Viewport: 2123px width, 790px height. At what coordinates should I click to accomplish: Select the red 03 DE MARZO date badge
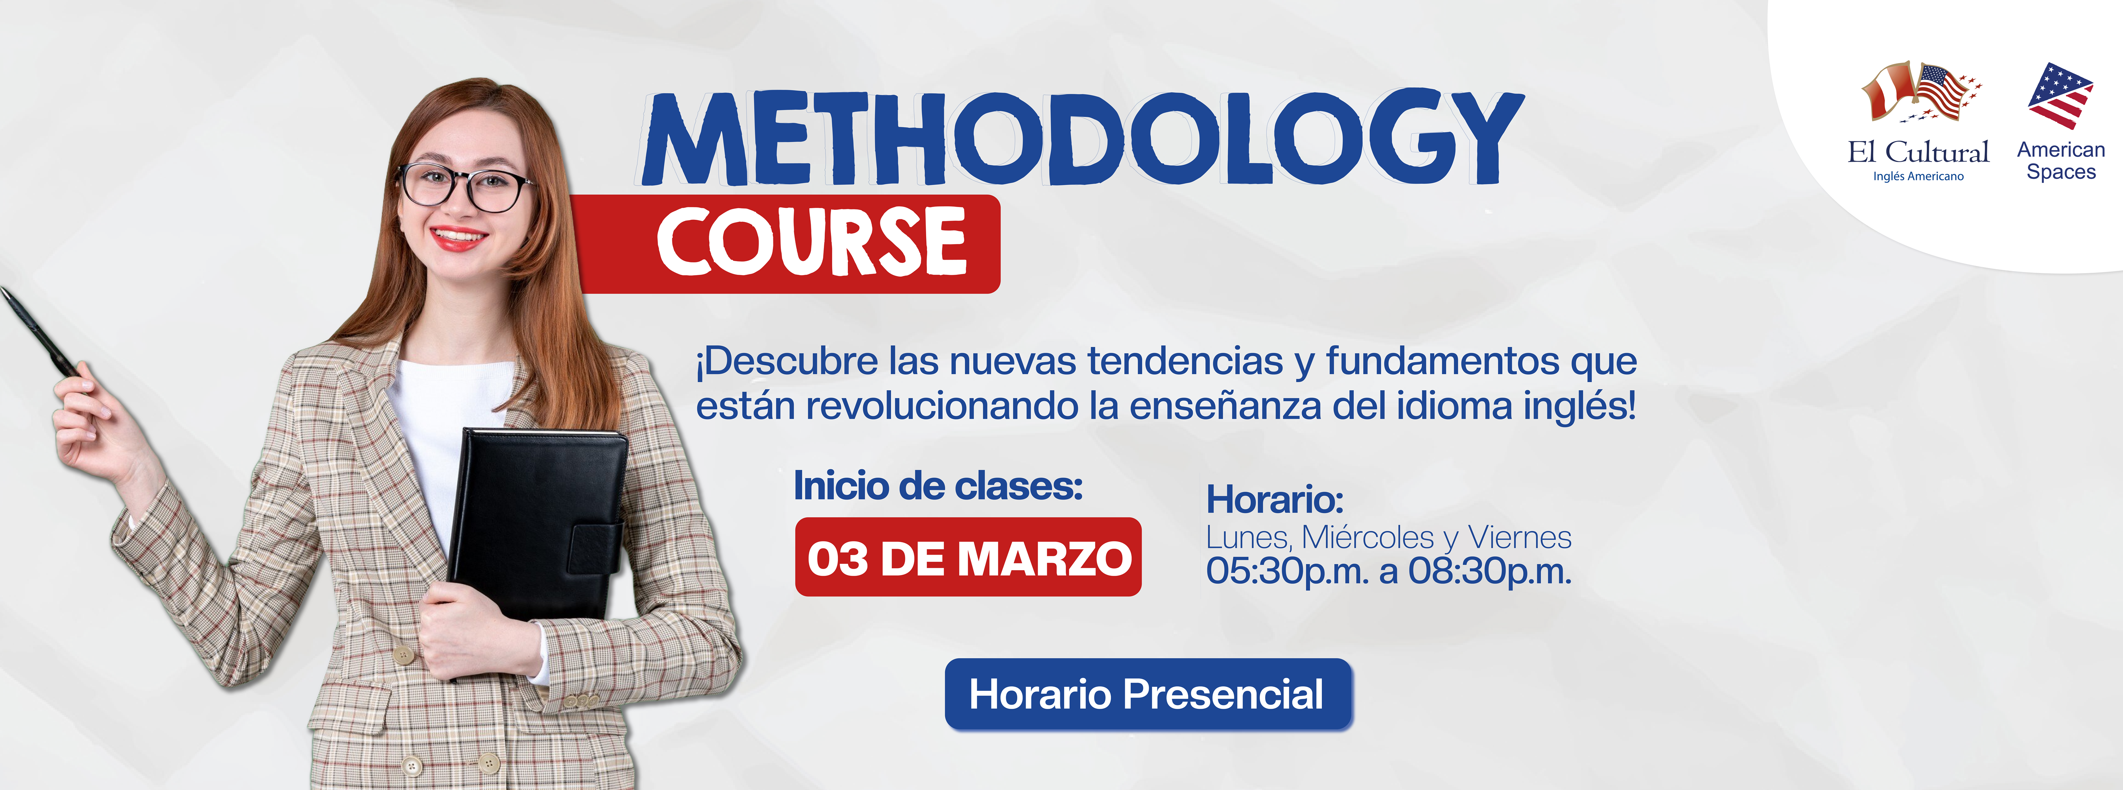point(968,557)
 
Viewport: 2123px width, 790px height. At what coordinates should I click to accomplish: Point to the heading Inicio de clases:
point(938,486)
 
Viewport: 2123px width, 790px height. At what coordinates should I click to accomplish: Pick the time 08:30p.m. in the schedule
point(1490,571)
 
